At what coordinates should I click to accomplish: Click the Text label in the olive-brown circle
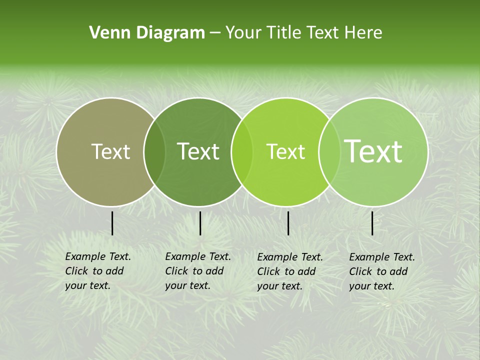[111, 151]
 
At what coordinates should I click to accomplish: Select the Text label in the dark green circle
[198, 151]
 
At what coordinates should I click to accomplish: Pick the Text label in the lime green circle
[286, 151]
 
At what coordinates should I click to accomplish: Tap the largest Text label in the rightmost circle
[373, 151]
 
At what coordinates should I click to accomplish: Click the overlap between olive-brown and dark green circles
[154, 151]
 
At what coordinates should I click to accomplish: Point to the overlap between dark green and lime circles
[242, 151]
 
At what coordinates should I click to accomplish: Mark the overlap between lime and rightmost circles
[329, 151]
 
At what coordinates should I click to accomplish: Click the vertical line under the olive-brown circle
[112, 223]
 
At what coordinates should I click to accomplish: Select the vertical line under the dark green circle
[200, 223]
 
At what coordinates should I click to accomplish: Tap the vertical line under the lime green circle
[288, 223]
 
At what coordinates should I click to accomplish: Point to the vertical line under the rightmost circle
[372, 223]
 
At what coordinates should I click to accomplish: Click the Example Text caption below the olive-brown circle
[98, 271]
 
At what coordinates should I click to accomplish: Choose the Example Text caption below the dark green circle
[198, 271]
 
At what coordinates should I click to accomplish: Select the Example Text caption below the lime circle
[290, 271]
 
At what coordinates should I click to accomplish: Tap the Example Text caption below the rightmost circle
[382, 271]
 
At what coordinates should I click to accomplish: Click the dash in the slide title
[215, 33]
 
